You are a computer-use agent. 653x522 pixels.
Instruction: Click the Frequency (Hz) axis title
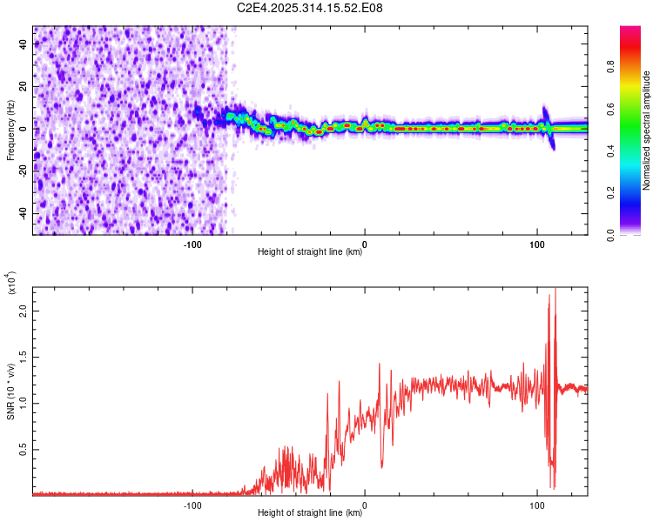[x=10, y=130]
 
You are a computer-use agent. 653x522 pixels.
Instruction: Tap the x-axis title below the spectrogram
[x=310, y=252]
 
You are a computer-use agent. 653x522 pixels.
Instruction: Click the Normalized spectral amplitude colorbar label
[x=647, y=130]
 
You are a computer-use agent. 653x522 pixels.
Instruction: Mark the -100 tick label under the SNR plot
[x=192, y=504]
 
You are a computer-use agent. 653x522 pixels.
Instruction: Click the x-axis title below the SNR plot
[x=310, y=513]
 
